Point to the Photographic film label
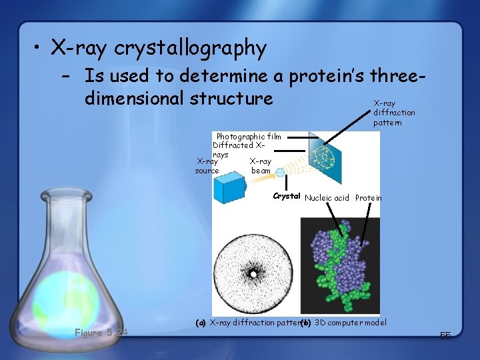[x=249, y=136]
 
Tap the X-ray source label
[x=207, y=165]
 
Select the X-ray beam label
[x=261, y=165]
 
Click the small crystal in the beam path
[x=281, y=172]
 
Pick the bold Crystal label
[x=287, y=197]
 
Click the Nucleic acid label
[x=327, y=198]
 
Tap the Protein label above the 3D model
[x=368, y=198]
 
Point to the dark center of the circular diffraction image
[x=253, y=273]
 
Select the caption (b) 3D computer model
[x=345, y=323]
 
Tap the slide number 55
[x=445, y=336]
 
